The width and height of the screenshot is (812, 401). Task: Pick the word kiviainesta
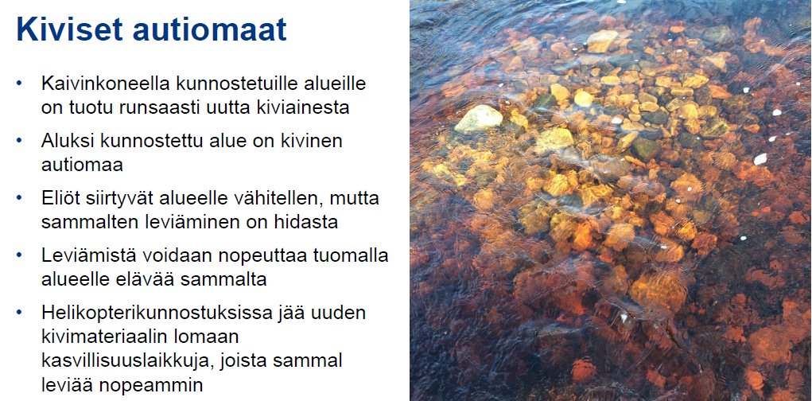(305, 107)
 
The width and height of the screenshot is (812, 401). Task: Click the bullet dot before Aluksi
(19, 140)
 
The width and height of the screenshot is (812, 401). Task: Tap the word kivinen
(316, 141)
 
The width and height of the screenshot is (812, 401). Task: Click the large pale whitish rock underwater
(478, 119)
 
